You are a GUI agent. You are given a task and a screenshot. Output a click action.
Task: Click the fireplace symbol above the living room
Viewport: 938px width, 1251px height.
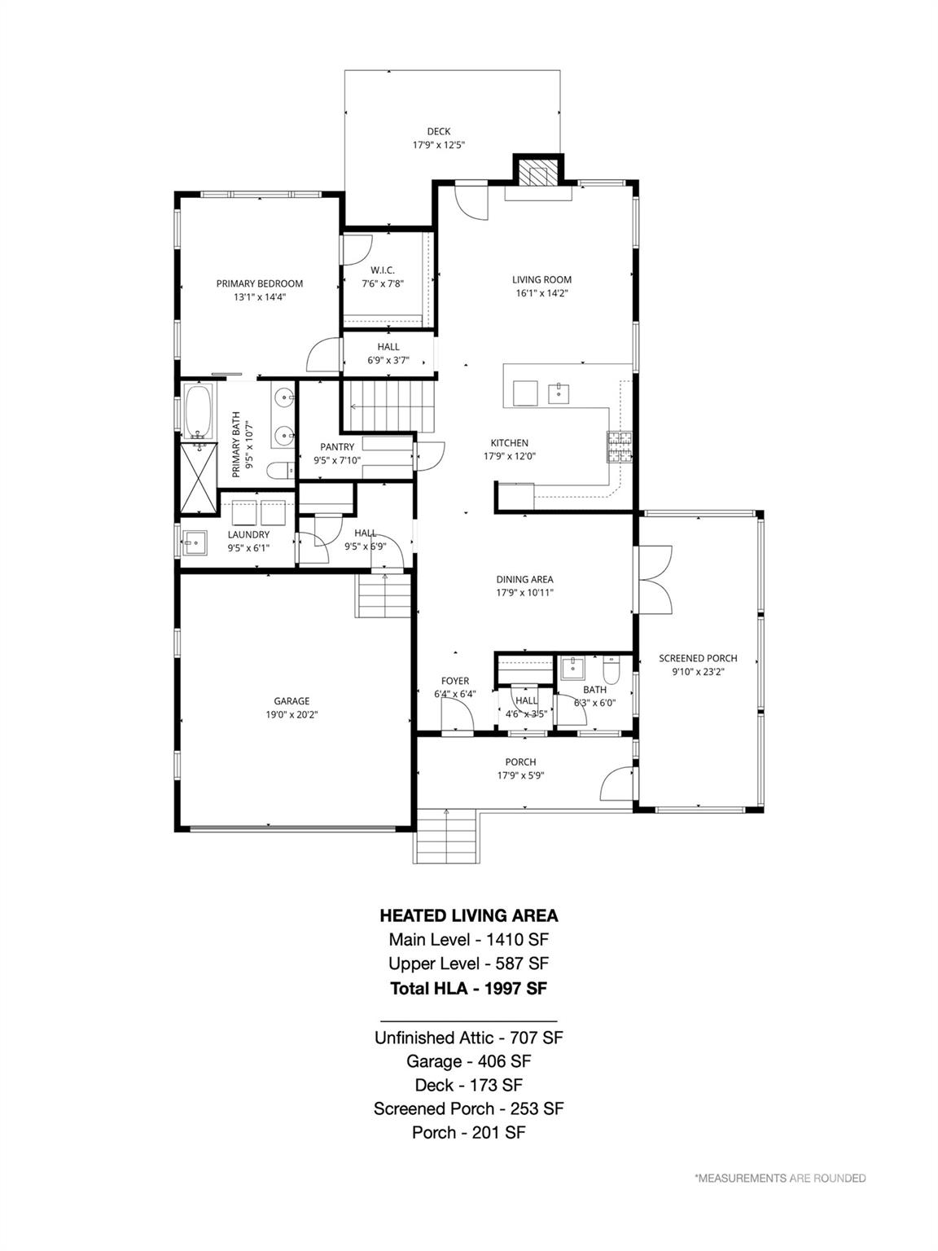point(537,172)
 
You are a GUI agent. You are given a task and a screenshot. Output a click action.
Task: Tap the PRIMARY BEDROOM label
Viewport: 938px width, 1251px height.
point(259,283)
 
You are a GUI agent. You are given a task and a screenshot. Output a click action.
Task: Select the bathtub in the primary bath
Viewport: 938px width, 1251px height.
point(199,410)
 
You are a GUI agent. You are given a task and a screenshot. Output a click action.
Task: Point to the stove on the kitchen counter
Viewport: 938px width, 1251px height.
point(618,447)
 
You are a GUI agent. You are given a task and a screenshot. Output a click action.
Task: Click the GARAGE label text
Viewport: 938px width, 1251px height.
point(291,701)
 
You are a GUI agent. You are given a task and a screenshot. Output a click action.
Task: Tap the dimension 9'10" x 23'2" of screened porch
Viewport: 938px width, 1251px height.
point(698,672)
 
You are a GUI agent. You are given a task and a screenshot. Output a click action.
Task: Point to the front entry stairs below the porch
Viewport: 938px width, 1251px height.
point(446,836)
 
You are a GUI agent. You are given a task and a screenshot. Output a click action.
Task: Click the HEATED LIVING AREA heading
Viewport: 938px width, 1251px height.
point(468,915)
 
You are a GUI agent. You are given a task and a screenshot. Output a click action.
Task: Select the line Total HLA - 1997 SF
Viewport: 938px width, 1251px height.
point(468,988)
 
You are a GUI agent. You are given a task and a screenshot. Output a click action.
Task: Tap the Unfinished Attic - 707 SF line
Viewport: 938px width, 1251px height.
point(468,1038)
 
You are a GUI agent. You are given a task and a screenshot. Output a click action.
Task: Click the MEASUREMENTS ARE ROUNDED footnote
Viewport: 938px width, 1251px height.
point(779,1178)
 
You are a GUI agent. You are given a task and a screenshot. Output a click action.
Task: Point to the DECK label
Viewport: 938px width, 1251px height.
point(438,132)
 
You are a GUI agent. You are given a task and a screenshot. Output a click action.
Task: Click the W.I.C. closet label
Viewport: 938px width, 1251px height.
point(383,270)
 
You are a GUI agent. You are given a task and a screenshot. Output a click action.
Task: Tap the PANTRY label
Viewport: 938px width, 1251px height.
point(337,446)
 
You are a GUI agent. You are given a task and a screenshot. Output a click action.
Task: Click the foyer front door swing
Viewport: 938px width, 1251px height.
point(458,716)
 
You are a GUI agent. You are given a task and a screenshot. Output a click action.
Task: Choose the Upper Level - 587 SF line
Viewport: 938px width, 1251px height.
point(468,963)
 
